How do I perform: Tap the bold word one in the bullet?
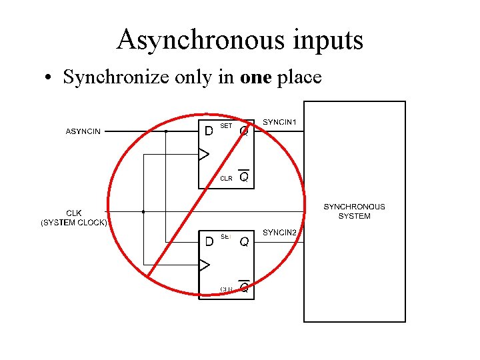click(256, 77)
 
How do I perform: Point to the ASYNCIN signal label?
click(83, 131)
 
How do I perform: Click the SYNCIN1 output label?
click(280, 122)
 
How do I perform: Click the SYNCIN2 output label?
click(280, 232)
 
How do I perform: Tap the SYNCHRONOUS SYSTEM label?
click(354, 211)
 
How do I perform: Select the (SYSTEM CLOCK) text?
click(74, 223)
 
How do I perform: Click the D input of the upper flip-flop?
click(209, 131)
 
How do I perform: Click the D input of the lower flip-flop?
click(209, 241)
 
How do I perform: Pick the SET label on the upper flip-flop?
click(226, 126)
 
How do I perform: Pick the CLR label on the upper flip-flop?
click(226, 178)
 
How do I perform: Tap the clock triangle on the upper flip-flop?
click(204, 155)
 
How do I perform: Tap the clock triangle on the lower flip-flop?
click(204, 265)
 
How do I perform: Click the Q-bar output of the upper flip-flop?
click(244, 177)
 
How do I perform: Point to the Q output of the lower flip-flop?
click(244, 241)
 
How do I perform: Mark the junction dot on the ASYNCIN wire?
click(166, 131)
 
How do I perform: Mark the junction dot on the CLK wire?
click(143, 211)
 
